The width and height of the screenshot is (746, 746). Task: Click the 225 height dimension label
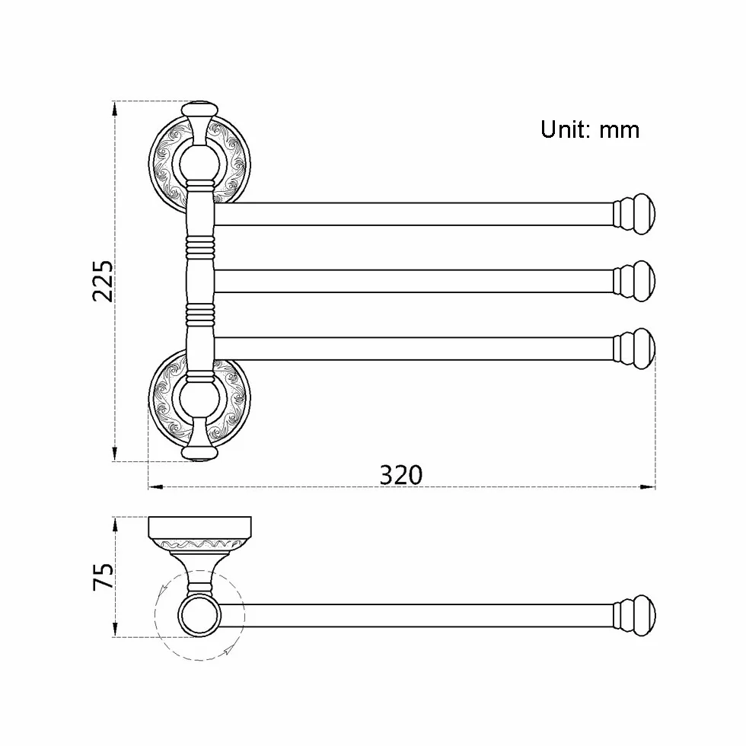tap(104, 281)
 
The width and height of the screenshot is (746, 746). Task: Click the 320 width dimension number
tap(401, 475)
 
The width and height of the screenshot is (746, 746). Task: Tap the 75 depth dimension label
tap(104, 577)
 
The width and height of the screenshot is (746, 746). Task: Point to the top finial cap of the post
tap(199, 110)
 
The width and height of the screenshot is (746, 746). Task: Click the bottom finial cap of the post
tap(199, 452)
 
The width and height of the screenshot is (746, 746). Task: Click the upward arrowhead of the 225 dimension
tap(114, 110)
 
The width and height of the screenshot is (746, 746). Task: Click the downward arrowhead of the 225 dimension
tap(114, 454)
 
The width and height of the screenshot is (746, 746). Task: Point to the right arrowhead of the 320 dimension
tap(647, 487)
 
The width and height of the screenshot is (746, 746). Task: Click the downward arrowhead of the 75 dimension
tap(114, 629)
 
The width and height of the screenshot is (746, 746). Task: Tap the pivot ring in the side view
tap(199, 616)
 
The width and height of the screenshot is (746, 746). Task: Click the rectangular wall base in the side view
tap(199, 527)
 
